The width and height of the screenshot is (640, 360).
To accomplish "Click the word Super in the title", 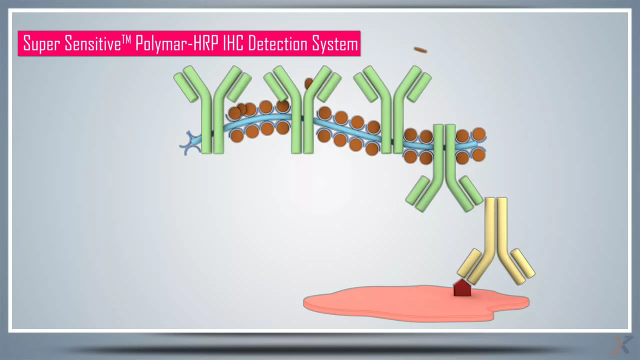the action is tap(42, 44).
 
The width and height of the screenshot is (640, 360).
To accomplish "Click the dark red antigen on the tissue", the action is tap(462, 288).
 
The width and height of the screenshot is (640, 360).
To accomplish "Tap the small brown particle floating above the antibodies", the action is tap(420, 50).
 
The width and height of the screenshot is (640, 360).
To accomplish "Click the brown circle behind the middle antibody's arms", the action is tap(309, 83).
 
